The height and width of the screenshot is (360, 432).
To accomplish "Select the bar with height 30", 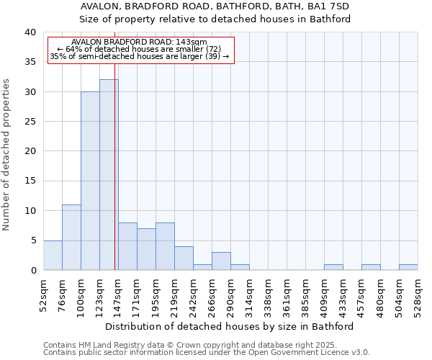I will point(90,181).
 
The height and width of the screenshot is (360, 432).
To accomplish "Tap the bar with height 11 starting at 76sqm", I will point(71,238).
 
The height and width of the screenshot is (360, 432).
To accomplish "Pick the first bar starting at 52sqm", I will point(53,256).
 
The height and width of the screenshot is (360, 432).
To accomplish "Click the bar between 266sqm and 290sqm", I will point(221,261).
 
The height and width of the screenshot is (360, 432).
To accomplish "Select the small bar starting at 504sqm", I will point(408,267).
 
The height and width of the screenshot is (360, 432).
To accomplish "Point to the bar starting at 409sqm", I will point(333,267).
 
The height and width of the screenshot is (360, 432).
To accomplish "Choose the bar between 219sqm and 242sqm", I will point(184,258).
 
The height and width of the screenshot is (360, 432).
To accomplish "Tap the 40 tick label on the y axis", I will point(30,32).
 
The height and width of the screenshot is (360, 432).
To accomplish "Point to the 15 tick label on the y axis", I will point(30,181).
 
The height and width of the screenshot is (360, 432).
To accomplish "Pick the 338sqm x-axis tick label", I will point(269,296).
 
